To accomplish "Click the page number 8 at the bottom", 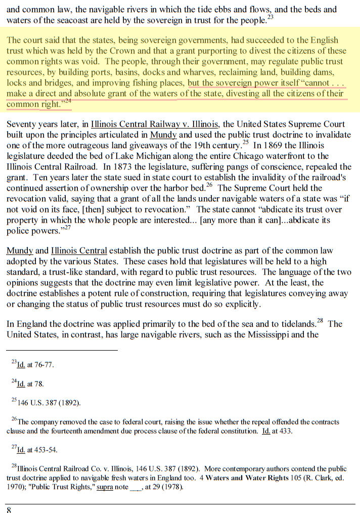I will pos(9,509).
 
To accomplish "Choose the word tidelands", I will pos(294,324).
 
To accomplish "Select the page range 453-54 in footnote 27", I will pos(44,449).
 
